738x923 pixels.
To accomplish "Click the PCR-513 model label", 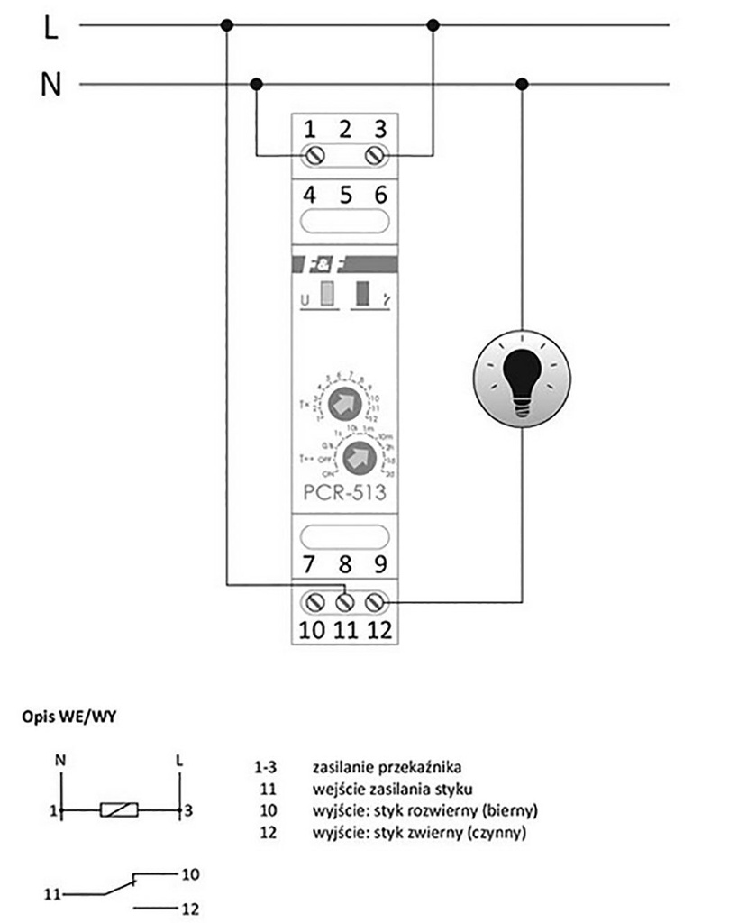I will pos(344,493).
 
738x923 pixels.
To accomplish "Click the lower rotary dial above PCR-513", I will pos(359,454).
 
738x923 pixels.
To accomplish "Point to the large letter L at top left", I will pos(50,28).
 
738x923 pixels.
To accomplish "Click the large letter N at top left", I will pos(50,85).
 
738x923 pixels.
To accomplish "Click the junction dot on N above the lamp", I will pos(523,85).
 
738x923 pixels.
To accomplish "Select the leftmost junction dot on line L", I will pos(227,25).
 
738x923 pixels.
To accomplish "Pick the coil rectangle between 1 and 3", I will pos(118,809).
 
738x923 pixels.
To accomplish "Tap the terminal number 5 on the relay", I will pos(343,195).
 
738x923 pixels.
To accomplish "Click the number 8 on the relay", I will pos(343,566).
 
